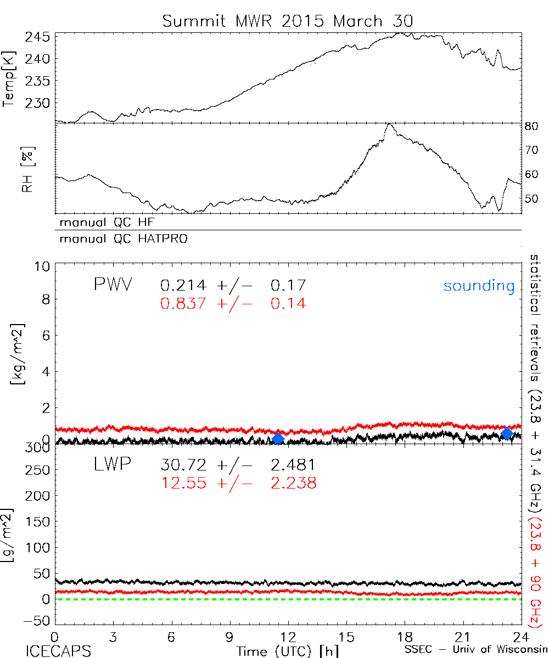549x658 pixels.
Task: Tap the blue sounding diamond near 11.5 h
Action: [x=278, y=438]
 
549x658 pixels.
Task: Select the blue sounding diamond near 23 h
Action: [x=507, y=433]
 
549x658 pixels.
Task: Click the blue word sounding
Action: [x=479, y=286]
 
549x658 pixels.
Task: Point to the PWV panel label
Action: [x=113, y=285]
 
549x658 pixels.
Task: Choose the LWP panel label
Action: [x=113, y=465]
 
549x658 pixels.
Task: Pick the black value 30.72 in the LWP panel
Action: [x=183, y=466]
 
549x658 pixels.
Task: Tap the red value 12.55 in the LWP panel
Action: [x=183, y=483]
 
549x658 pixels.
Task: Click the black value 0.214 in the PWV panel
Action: [x=183, y=285]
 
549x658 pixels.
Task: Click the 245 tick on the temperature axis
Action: [x=38, y=37]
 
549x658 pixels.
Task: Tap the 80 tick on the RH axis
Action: [x=531, y=126]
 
